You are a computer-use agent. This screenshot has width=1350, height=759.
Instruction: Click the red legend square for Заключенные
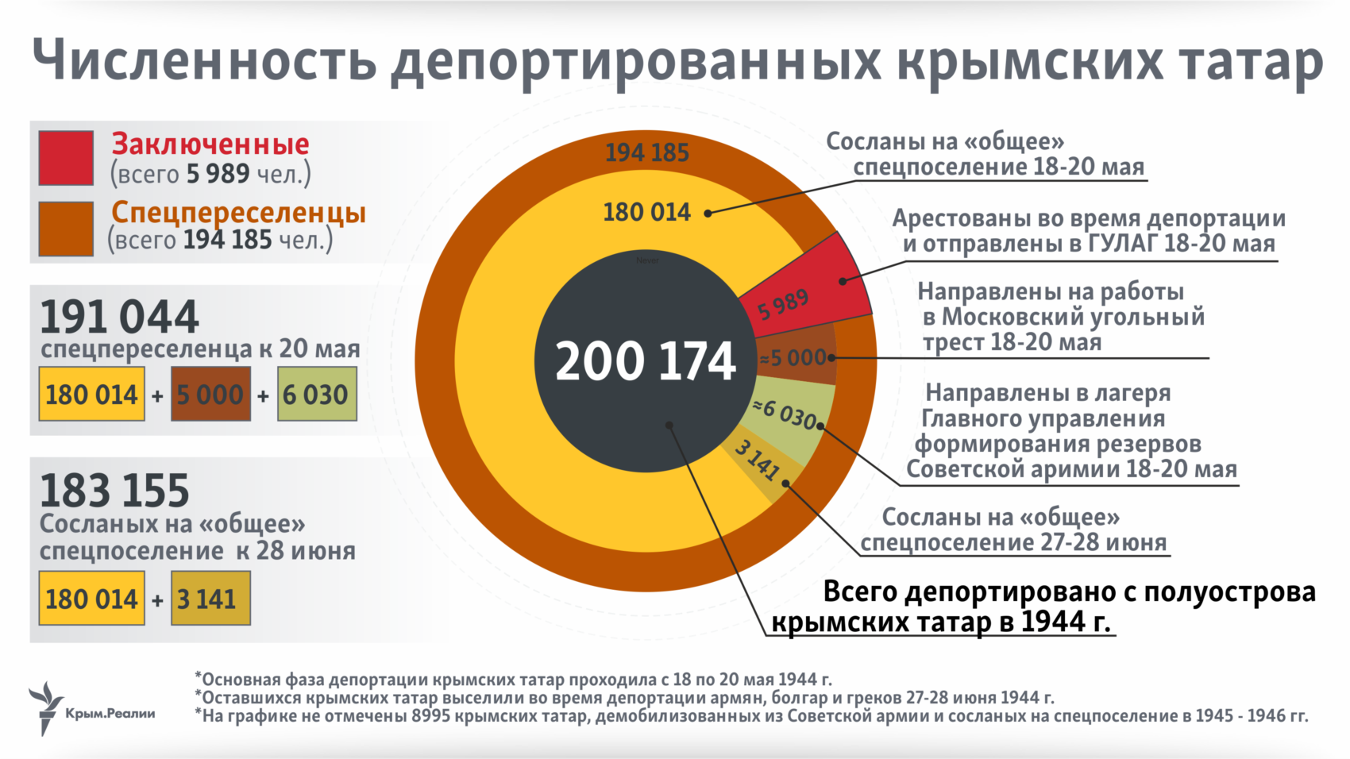(x=66, y=158)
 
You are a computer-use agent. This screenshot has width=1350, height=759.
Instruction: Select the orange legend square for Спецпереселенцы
(x=66, y=228)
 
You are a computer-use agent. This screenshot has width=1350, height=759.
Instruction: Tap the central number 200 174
(x=645, y=362)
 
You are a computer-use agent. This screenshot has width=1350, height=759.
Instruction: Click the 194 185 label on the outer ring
(x=646, y=152)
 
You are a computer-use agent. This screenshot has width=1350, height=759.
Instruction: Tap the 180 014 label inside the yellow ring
(x=646, y=213)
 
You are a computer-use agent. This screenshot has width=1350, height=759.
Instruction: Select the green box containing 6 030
(x=316, y=395)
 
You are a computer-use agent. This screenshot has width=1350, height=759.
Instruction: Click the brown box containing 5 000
(x=210, y=395)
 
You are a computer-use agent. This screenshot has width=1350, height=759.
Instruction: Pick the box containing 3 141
(x=210, y=599)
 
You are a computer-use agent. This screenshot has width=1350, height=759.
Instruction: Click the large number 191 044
(x=119, y=318)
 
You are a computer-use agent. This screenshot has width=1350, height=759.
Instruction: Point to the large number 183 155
(x=114, y=491)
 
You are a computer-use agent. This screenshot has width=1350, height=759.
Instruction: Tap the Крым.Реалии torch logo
(x=46, y=707)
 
